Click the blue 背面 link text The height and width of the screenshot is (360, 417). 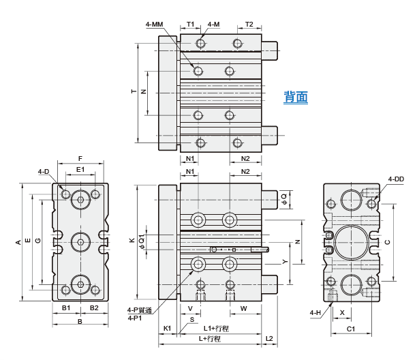[296, 97]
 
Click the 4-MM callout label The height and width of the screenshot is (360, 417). [154, 25]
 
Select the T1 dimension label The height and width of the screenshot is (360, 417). [190, 25]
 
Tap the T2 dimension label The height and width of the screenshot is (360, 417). [249, 25]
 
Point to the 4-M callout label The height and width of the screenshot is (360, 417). [213, 25]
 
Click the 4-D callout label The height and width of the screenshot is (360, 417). [44, 172]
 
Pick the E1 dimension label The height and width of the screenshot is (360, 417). [80, 170]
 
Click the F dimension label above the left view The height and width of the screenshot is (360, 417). [80, 159]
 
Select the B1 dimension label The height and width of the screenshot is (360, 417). [66, 308]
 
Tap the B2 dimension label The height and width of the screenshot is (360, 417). [94, 308]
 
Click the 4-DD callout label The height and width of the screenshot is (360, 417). [396, 179]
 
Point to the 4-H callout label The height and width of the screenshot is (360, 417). [315, 313]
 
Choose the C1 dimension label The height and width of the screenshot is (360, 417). [351, 329]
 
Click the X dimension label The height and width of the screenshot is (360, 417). [342, 313]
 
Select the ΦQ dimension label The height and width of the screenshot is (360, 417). [284, 200]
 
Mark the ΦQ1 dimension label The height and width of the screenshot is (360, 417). [142, 242]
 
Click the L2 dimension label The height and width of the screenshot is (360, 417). [269, 338]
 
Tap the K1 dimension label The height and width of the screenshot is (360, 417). [167, 329]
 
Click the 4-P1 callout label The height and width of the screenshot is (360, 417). [135, 318]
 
